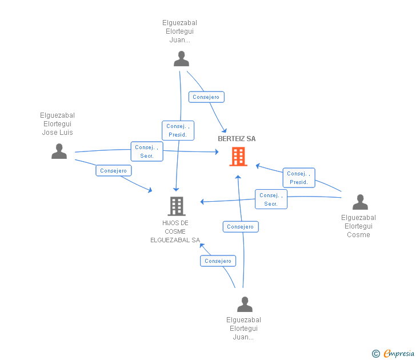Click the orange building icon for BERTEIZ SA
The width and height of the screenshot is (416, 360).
click(238, 157)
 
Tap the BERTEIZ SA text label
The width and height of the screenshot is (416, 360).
click(237, 139)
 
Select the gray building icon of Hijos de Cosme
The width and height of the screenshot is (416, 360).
click(177, 206)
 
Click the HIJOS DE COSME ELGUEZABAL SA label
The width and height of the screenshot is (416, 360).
click(175, 231)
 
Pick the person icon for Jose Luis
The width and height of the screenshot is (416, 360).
click(59, 151)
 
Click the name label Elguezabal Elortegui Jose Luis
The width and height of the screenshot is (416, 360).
click(57, 124)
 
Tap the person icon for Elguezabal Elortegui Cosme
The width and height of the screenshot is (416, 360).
click(360, 202)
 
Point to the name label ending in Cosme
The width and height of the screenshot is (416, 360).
click(358, 226)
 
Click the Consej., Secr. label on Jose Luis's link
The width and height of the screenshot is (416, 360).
click(147, 151)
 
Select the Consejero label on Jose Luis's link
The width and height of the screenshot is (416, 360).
click(113, 170)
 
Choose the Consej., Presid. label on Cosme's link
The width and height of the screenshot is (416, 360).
click(299, 178)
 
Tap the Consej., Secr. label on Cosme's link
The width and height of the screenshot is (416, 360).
click(271, 199)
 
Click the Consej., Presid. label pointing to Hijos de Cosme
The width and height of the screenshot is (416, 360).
click(178, 130)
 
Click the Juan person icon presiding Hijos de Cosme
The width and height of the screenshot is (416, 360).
click(181, 59)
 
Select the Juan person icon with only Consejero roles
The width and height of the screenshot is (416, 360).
click(245, 304)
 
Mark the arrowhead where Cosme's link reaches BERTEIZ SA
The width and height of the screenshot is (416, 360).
click(257, 166)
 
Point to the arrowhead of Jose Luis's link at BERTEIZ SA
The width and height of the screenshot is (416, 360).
click(218, 152)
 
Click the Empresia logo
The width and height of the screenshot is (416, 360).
click(398, 353)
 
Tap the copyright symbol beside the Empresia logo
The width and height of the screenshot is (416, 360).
click(375, 354)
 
